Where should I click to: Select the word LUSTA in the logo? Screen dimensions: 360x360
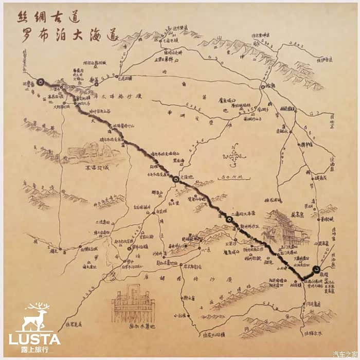point(34,339)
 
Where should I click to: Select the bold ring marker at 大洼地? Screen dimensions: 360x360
point(176,179)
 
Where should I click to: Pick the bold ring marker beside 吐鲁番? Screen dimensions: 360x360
point(40,81)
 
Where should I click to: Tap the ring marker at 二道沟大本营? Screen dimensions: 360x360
point(229,220)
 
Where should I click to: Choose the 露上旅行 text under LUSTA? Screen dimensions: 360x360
point(34,350)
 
